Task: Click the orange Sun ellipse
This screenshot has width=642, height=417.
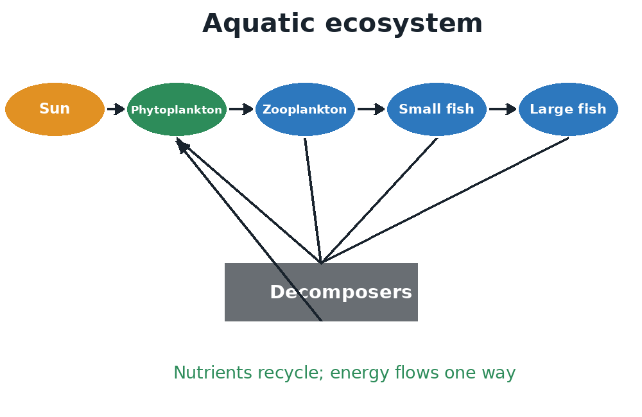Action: pyautogui.click(x=55, y=109)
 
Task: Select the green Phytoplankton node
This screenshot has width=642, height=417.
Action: pyautogui.click(x=177, y=109)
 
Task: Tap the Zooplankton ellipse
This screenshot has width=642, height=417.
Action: pyautogui.click(x=305, y=109)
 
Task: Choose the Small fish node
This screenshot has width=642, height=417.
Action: pyautogui.click(x=437, y=109)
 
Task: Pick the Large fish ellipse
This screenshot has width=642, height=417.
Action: pyautogui.click(x=568, y=109)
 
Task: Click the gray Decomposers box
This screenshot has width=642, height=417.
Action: pyautogui.click(x=322, y=292)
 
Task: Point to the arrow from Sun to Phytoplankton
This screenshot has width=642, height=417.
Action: pyautogui.click(x=116, y=109)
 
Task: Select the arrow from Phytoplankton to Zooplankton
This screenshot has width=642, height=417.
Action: pyautogui.click(x=241, y=109)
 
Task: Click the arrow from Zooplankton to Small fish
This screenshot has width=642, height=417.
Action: pyautogui.click(x=371, y=109)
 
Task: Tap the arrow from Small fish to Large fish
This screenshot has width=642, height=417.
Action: pyautogui.click(x=503, y=109)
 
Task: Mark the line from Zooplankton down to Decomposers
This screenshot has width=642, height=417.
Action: pyautogui.click(x=313, y=201)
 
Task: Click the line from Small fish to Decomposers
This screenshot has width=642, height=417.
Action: pyautogui.click(x=379, y=201)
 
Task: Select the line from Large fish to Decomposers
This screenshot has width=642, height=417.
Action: pyautogui.click(x=445, y=201)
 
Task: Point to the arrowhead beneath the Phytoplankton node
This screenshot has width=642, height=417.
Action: pyautogui.click(x=182, y=145)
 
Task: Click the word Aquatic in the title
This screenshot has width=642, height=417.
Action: pyautogui.click(x=258, y=23)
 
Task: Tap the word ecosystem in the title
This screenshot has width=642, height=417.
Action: pyautogui.click(x=404, y=24)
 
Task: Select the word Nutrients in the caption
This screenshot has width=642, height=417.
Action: pyautogui.click(x=213, y=373)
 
